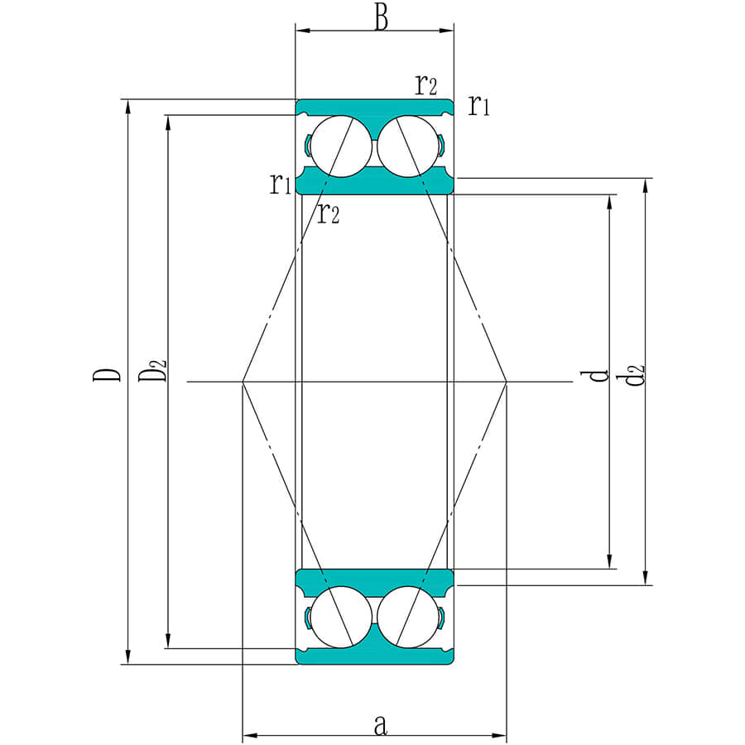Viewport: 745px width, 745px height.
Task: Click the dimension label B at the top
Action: pyautogui.click(x=380, y=17)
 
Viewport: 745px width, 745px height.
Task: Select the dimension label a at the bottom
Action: pyautogui.click(x=380, y=726)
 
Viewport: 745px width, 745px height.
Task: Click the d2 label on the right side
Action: pyautogui.click(x=635, y=374)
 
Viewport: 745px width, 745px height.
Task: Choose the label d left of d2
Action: pyautogui.click(x=598, y=375)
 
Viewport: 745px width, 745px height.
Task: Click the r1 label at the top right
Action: pyautogui.click(x=479, y=105)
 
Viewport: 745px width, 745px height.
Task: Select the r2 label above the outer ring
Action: pyautogui.click(x=426, y=84)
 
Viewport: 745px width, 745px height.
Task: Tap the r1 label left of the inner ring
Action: pyautogui.click(x=280, y=183)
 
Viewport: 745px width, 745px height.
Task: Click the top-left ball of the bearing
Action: pyautogui.click(x=340, y=146)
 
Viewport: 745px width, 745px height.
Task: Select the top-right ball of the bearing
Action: pyautogui.click(x=408, y=146)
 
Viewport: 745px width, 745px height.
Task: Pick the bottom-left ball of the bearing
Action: pyautogui.click(x=340, y=617)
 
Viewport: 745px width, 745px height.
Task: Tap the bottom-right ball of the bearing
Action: pyautogui.click(x=408, y=617)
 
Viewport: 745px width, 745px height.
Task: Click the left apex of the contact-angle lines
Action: pyautogui.click(x=243, y=382)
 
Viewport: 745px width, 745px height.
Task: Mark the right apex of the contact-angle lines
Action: pyautogui.click(x=506, y=382)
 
